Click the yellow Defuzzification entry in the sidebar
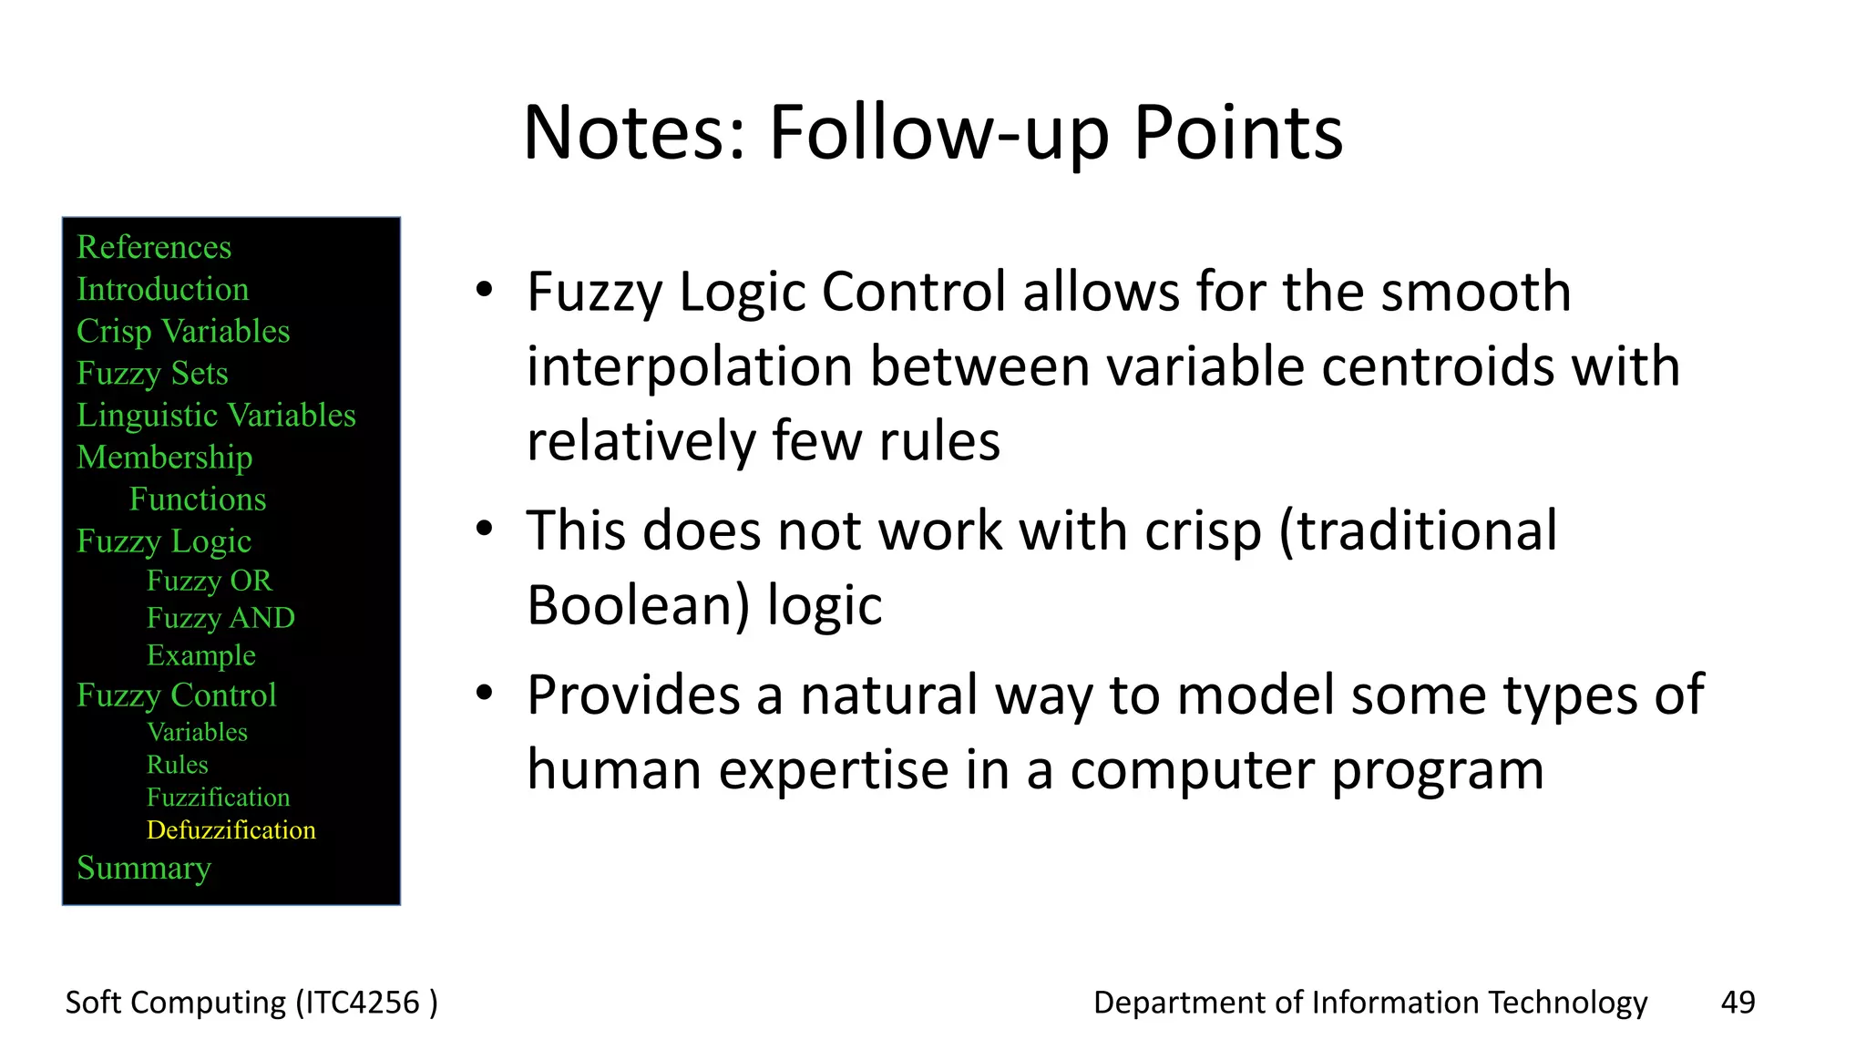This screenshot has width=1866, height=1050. point(231,830)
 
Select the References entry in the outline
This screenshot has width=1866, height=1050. point(154,247)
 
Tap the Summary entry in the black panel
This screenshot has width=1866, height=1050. point(144,868)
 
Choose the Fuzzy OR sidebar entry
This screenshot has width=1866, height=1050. point(209,581)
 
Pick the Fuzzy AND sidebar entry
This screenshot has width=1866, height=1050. point(220,618)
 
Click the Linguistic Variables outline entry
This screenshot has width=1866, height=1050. point(216,416)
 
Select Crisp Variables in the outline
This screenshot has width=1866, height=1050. point(183,331)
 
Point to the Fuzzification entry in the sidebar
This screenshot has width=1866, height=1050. point(218,798)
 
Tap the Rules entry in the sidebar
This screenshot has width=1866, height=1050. point(178,765)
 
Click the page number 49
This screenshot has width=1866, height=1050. point(1738,1002)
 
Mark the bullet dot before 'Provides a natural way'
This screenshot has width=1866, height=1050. point(485,694)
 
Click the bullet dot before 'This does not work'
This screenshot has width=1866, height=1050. point(485,529)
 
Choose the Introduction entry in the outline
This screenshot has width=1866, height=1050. point(162,289)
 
